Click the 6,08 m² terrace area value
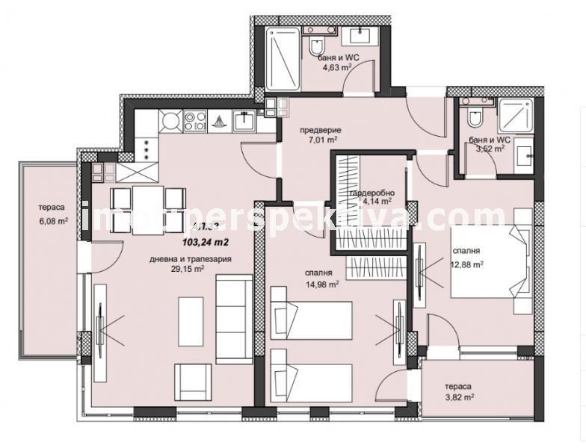(x=54, y=220)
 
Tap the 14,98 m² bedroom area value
(x=324, y=284)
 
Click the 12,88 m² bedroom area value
(x=465, y=263)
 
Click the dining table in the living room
(x=148, y=209)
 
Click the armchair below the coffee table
(x=193, y=381)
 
